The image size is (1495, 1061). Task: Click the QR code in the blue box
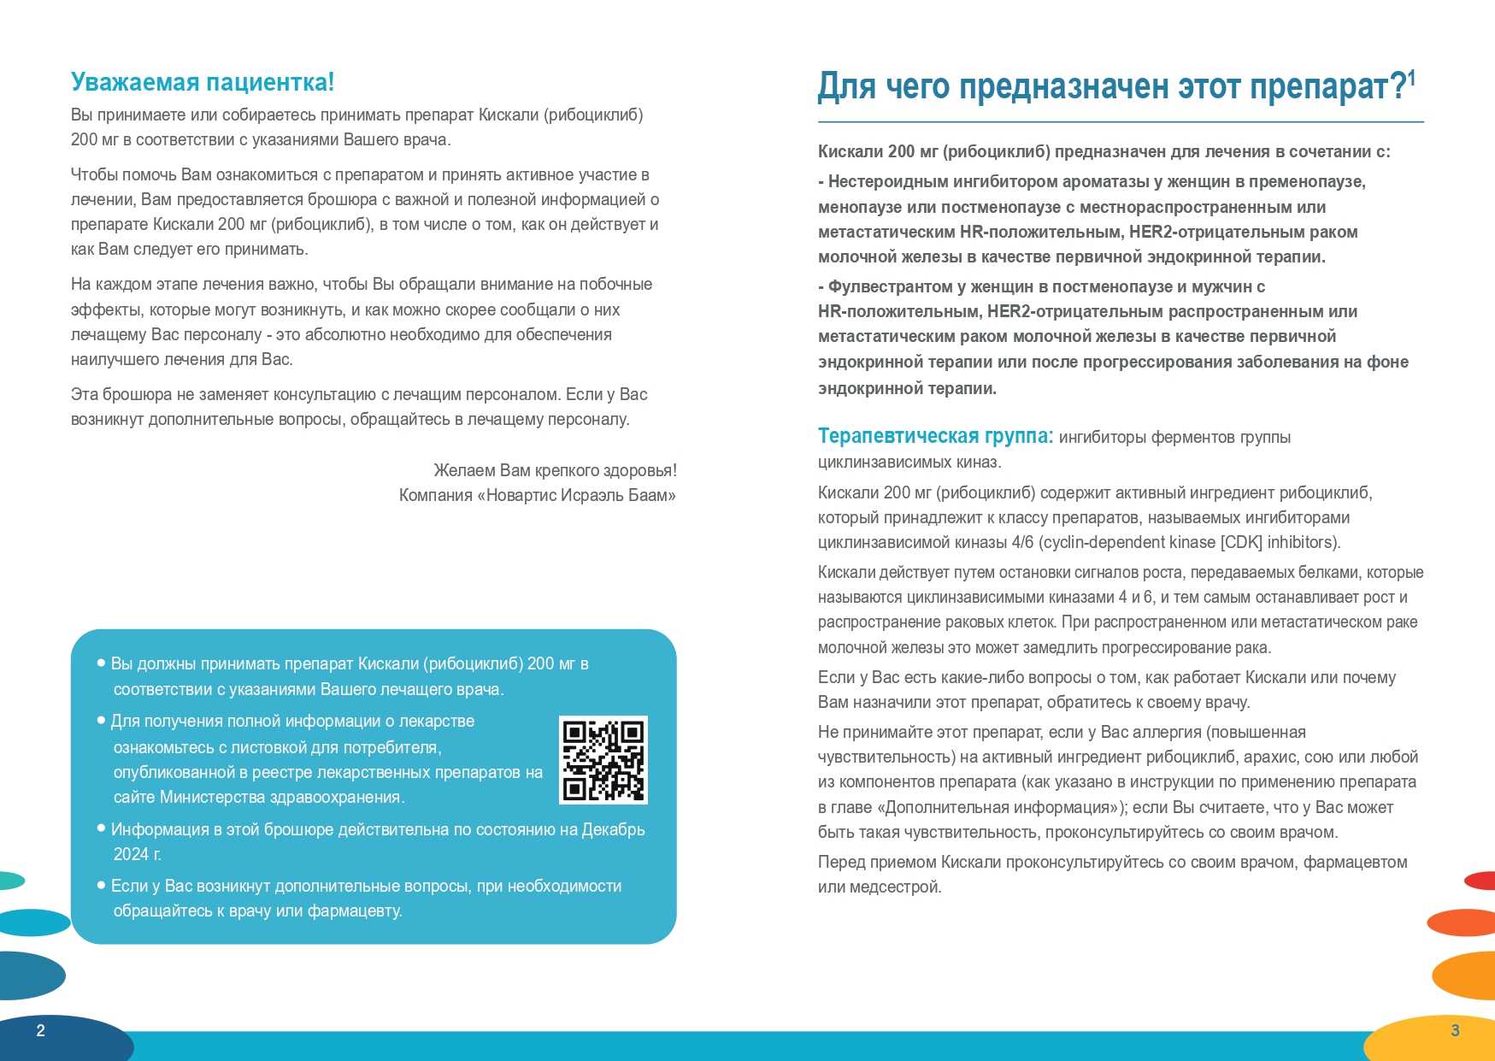pyautogui.click(x=603, y=760)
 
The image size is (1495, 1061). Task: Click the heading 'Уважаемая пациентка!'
pyautogui.click(x=203, y=82)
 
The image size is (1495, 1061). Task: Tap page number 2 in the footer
pyautogui.click(x=40, y=1030)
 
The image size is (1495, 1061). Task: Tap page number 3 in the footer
pyautogui.click(x=1455, y=1030)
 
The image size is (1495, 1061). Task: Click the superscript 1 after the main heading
pyautogui.click(x=1412, y=78)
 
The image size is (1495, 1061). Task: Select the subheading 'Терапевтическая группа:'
pyautogui.click(x=935, y=436)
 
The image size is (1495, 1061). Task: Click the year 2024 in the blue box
pyautogui.click(x=131, y=854)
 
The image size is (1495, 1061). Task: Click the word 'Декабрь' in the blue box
pyautogui.click(x=613, y=829)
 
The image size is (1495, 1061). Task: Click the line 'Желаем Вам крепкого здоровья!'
pyautogui.click(x=555, y=470)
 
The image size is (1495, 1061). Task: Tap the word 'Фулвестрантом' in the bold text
pyautogui.click(x=895, y=286)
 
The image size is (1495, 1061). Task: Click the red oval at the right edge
pyautogui.click(x=1480, y=880)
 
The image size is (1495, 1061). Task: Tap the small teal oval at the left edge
pyautogui.click(x=10, y=880)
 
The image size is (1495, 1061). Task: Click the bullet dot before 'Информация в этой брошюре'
pyautogui.click(x=102, y=828)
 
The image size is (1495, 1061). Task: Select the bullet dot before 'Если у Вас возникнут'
pyautogui.click(x=102, y=885)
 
